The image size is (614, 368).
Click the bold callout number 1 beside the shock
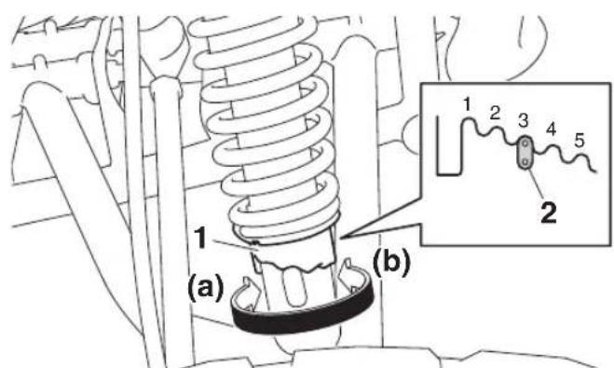pyautogui.click(x=201, y=239)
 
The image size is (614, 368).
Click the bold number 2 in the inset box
pyautogui.click(x=548, y=212)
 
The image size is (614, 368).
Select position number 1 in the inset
pyautogui.click(x=467, y=104)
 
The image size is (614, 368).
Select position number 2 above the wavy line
pyautogui.click(x=495, y=113)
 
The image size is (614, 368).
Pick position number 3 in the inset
pyautogui.click(x=524, y=120)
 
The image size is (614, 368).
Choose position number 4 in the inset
pyautogui.click(x=551, y=129)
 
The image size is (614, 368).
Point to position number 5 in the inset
pyautogui.click(x=580, y=140)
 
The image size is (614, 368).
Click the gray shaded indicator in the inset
pyautogui.click(x=525, y=153)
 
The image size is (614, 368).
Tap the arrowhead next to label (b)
pyautogui.click(x=347, y=270)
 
